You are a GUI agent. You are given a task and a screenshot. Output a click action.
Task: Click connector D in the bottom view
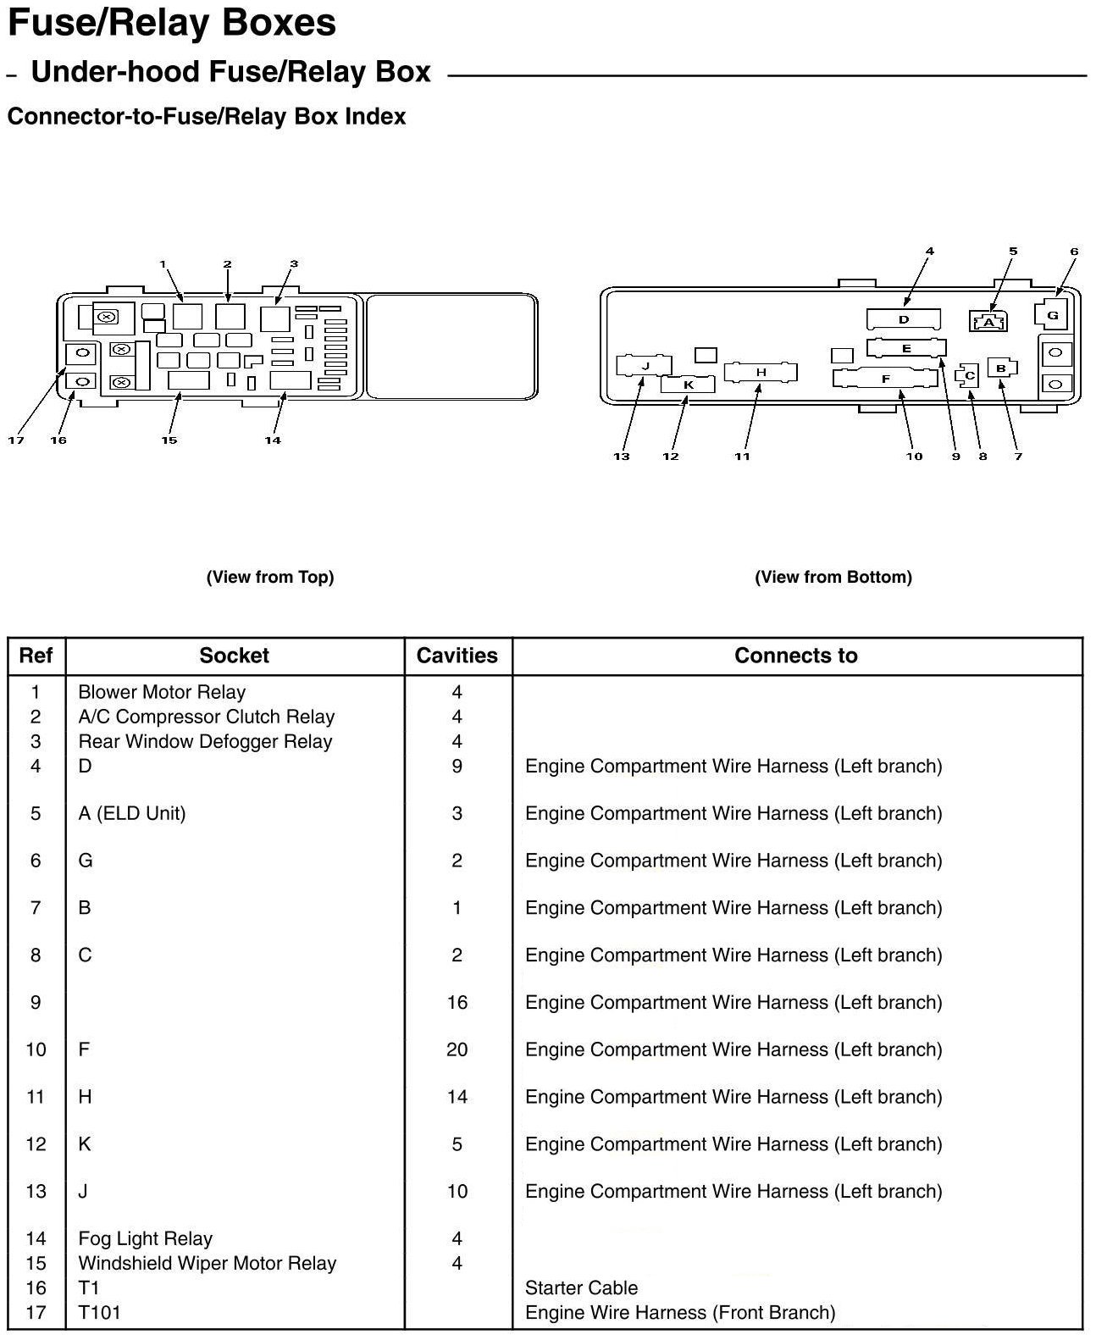903,319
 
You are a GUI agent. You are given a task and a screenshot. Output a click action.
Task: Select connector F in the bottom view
886,379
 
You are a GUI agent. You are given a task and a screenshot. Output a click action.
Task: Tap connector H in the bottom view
761,373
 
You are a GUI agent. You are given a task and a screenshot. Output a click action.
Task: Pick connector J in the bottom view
645,367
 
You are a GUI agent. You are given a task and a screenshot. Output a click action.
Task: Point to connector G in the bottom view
1052,315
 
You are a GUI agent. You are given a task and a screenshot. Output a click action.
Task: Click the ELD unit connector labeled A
988,322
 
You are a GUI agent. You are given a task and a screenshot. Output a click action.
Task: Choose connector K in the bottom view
688,385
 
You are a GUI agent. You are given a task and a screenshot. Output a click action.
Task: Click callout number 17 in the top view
16,440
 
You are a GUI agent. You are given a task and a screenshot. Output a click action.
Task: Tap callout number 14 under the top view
272,440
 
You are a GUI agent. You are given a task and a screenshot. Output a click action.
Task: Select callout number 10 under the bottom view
914,457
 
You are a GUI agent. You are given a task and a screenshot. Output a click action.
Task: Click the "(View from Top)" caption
270,577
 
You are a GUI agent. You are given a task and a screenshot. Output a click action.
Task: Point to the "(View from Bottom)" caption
833,577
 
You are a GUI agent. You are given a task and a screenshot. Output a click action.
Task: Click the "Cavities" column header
457,656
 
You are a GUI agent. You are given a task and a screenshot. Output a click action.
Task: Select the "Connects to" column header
795,656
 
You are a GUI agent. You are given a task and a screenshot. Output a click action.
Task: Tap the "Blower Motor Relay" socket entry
162,692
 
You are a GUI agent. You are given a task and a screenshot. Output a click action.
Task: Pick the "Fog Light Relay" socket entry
145,1238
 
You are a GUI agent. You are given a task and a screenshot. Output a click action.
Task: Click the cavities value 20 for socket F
457,1049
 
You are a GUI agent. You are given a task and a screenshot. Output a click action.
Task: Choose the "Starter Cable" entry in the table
581,1287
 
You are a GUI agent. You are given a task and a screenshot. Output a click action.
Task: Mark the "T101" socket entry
99,1312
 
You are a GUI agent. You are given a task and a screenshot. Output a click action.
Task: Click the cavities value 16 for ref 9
457,1002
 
